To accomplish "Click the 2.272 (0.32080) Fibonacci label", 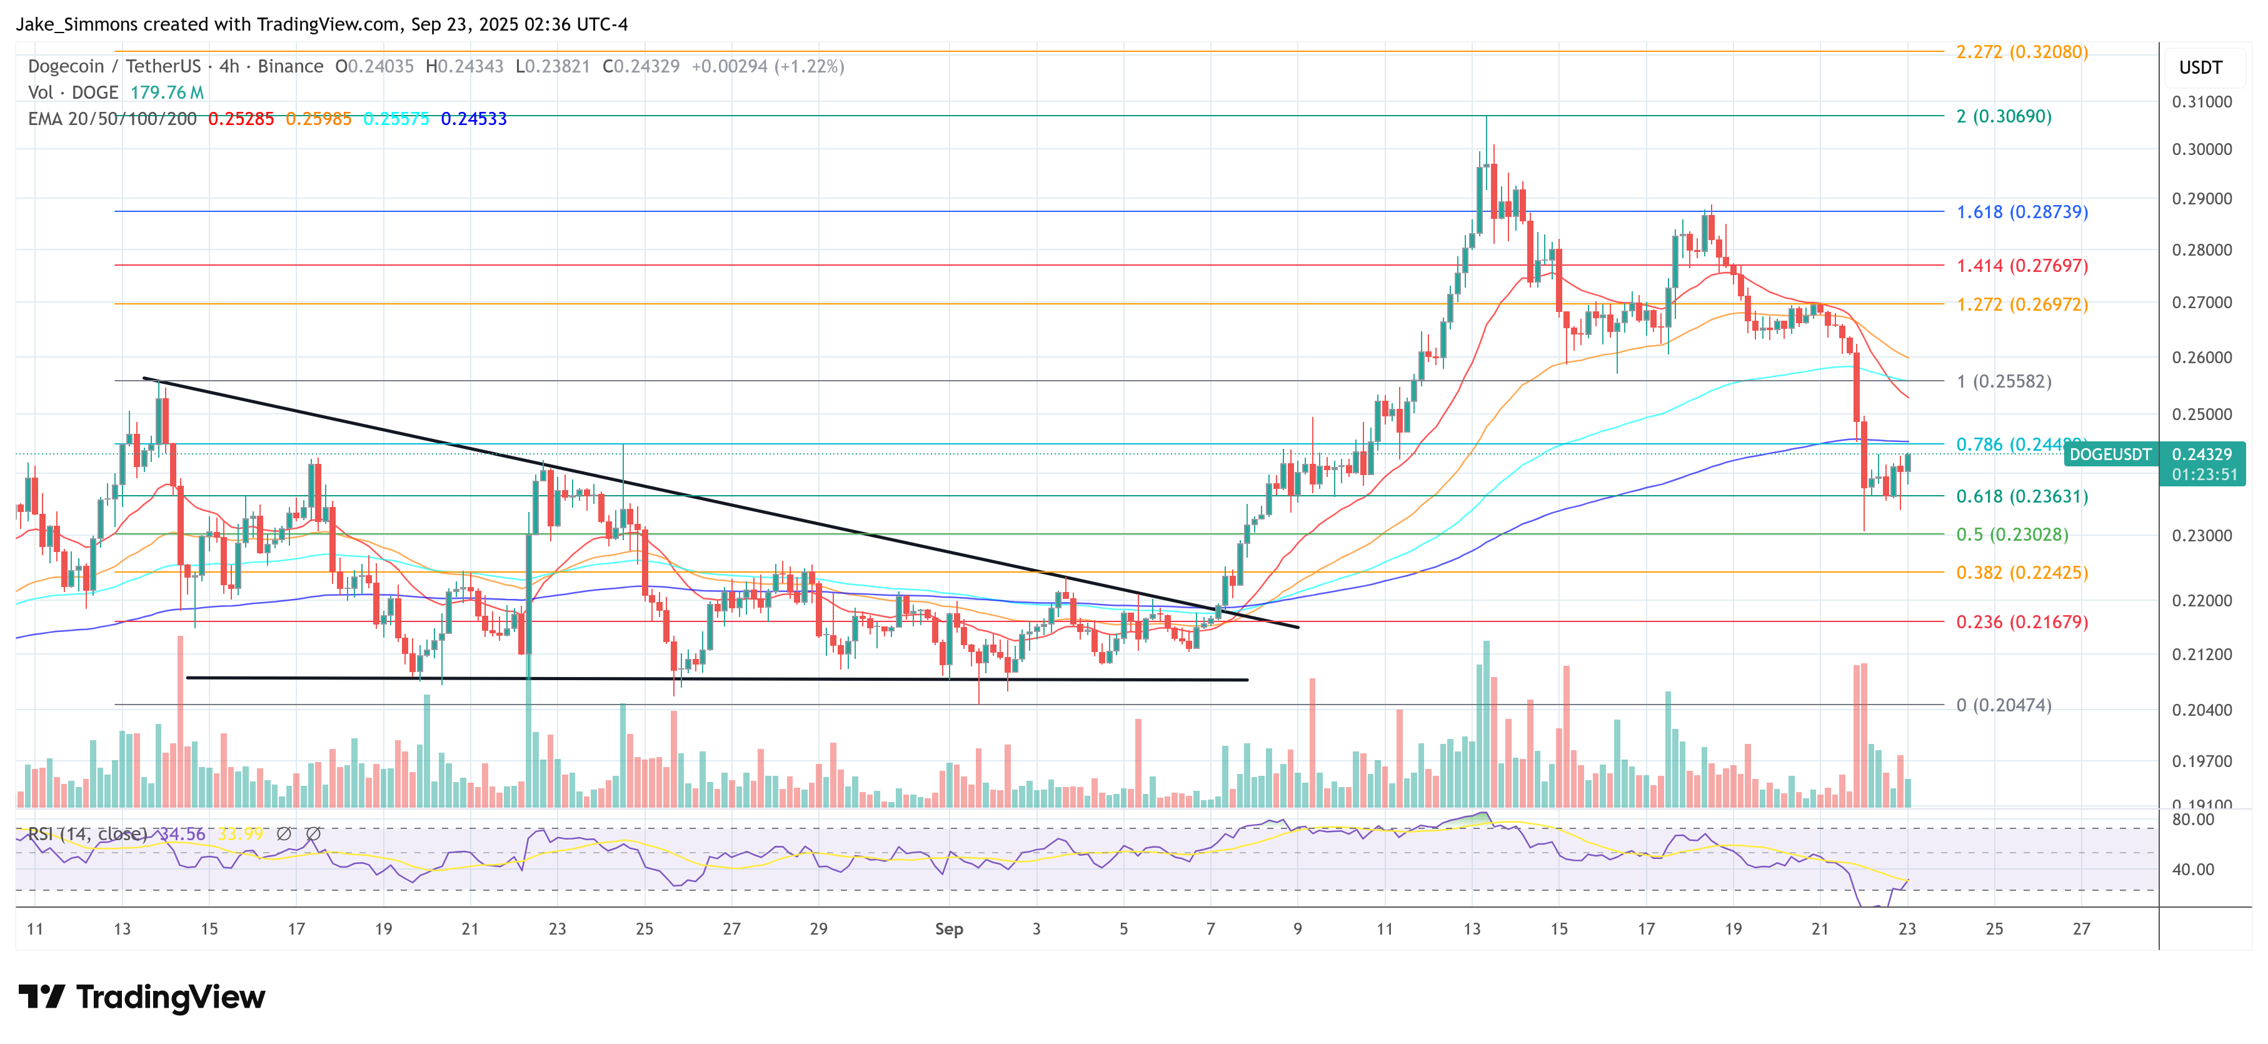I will pos(2022,52).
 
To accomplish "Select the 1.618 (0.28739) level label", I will pos(2022,212).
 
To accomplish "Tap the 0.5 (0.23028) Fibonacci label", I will pos(2012,535).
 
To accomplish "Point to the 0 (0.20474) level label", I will pos(2003,705).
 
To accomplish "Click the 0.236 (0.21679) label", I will pos(2022,621).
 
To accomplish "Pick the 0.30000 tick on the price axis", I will pos(2201,149).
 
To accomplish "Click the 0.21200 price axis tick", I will pos(2201,654).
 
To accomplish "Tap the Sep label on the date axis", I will pos(948,929).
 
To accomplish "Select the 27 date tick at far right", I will pos(2080,929).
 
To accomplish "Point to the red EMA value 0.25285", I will pos(240,119).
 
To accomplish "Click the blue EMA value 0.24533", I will pos(474,119).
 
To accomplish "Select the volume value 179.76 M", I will pos(166,93).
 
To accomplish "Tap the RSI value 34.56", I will pos(181,833).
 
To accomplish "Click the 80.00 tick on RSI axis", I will pos(2192,820).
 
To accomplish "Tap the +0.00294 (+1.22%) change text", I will pos(767,67).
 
